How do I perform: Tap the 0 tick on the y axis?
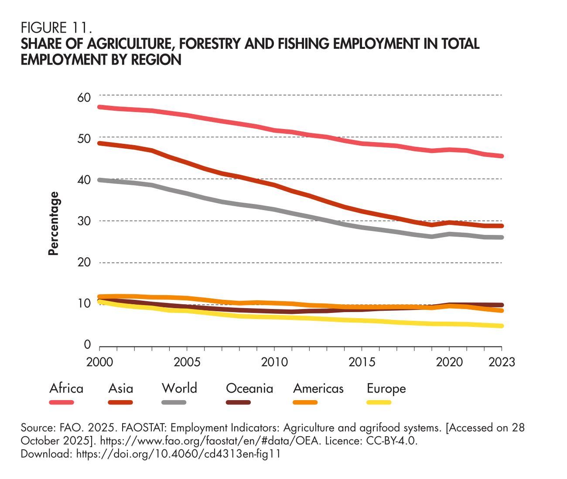click(x=87, y=346)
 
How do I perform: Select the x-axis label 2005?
click(x=187, y=362)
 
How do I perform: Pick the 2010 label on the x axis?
click(x=274, y=362)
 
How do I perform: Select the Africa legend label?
click(x=66, y=388)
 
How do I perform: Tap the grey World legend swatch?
click(x=174, y=402)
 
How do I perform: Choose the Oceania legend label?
click(x=249, y=388)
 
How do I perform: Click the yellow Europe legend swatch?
click(x=379, y=402)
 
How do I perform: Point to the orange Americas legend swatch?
click(x=305, y=402)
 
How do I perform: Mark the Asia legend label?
click(x=121, y=388)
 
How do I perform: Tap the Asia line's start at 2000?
click(x=100, y=143)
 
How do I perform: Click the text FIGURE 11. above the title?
click(x=56, y=29)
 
